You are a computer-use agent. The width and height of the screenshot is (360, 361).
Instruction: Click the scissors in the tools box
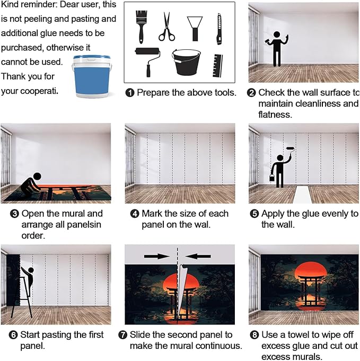pos(166,27)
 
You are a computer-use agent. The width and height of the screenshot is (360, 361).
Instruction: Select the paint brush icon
pos(141,27)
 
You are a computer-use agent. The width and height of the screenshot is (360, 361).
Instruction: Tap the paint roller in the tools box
pos(147,61)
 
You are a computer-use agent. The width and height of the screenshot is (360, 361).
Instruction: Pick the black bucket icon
pos(186,63)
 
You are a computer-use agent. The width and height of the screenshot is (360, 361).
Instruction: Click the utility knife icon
pos(219,29)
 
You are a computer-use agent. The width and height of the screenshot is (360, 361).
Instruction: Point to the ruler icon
pos(217,66)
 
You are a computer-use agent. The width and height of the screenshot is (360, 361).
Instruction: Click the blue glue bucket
pos(92,76)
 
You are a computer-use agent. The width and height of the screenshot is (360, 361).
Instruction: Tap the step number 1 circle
pos(130,93)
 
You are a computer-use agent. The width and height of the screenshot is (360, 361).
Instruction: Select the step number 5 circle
pos(254,214)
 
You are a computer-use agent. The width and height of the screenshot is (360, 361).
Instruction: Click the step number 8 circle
pos(254,334)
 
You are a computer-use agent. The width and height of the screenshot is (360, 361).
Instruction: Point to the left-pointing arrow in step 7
pos(198,256)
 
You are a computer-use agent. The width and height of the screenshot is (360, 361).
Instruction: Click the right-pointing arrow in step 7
pos(157,256)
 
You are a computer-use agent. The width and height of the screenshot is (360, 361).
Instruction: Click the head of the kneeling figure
pos(37,177)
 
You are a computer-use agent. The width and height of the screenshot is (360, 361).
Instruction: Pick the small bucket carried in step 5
pos(272,178)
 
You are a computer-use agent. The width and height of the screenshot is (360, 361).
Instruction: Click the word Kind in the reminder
pos(9,5)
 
